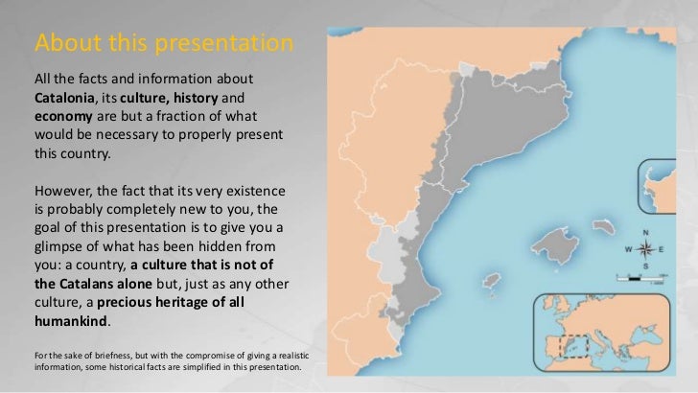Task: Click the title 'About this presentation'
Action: [x=162, y=45]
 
